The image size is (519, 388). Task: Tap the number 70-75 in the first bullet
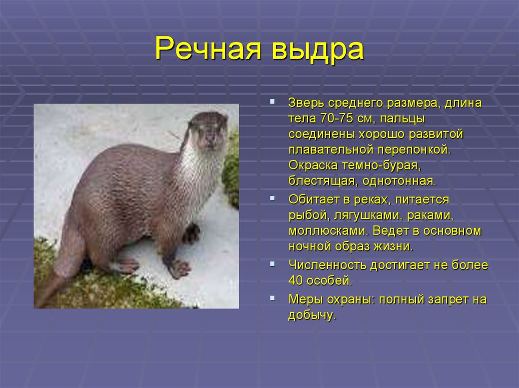(x=337, y=118)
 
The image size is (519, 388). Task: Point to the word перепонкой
(x=414, y=150)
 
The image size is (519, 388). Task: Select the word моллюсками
(x=328, y=231)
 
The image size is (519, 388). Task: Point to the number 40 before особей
(x=295, y=281)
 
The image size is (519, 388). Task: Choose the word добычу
(x=312, y=315)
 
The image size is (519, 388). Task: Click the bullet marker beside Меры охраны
(x=272, y=298)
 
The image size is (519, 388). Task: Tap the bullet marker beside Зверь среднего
(x=272, y=102)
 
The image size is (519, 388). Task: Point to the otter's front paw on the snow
(x=179, y=268)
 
